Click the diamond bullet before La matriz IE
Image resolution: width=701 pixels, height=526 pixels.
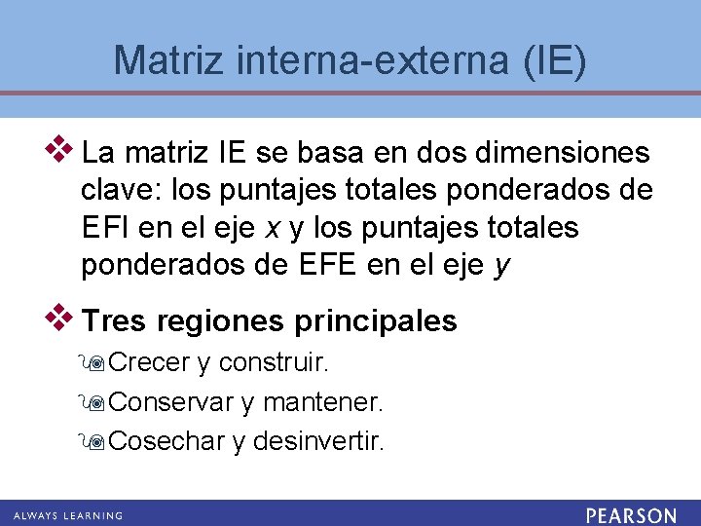pyautogui.click(x=61, y=148)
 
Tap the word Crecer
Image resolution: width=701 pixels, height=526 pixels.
pyautogui.click(x=149, y=363)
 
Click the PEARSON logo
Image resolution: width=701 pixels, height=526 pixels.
pyautogui.click(x=631, y=514)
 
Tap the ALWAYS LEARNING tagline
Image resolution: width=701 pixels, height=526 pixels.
pyautogui.click(x=68, y=514)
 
